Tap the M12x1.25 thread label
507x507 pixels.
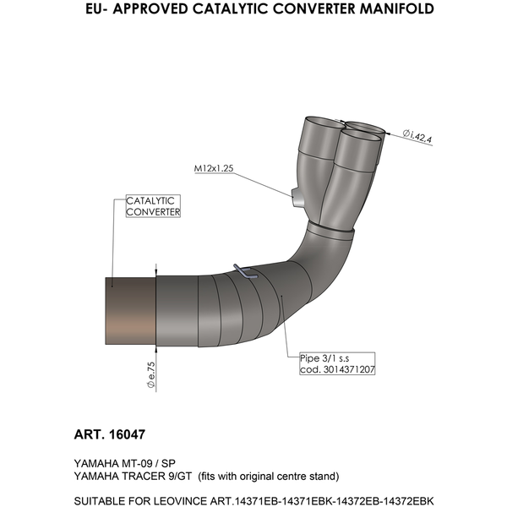tap(214, 169)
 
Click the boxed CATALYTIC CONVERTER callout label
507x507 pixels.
tap(153, 206)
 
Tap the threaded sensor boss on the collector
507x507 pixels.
tap(297, 199)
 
